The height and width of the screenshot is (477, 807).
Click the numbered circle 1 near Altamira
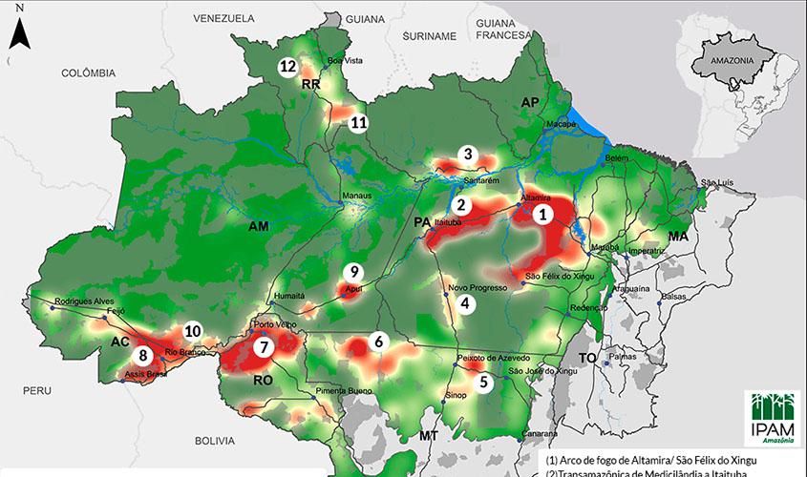(542, 215)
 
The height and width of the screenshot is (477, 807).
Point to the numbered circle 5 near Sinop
(483, 382)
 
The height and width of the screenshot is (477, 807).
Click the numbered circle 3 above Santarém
(467, 154)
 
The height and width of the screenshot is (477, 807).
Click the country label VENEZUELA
(223, 18)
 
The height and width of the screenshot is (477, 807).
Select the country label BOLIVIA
(214, 441)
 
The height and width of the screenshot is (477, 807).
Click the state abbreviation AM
(258, 227)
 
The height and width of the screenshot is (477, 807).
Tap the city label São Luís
(721, 181)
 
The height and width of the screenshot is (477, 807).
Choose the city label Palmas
(622, 357)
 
